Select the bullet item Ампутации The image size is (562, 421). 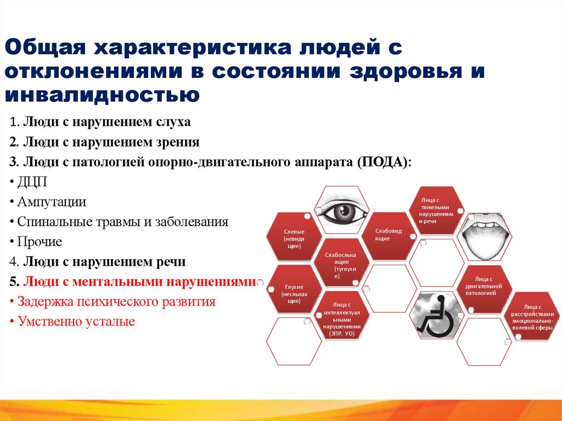52,201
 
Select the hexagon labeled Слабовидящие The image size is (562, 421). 389,234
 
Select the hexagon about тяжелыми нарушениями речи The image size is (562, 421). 436,211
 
